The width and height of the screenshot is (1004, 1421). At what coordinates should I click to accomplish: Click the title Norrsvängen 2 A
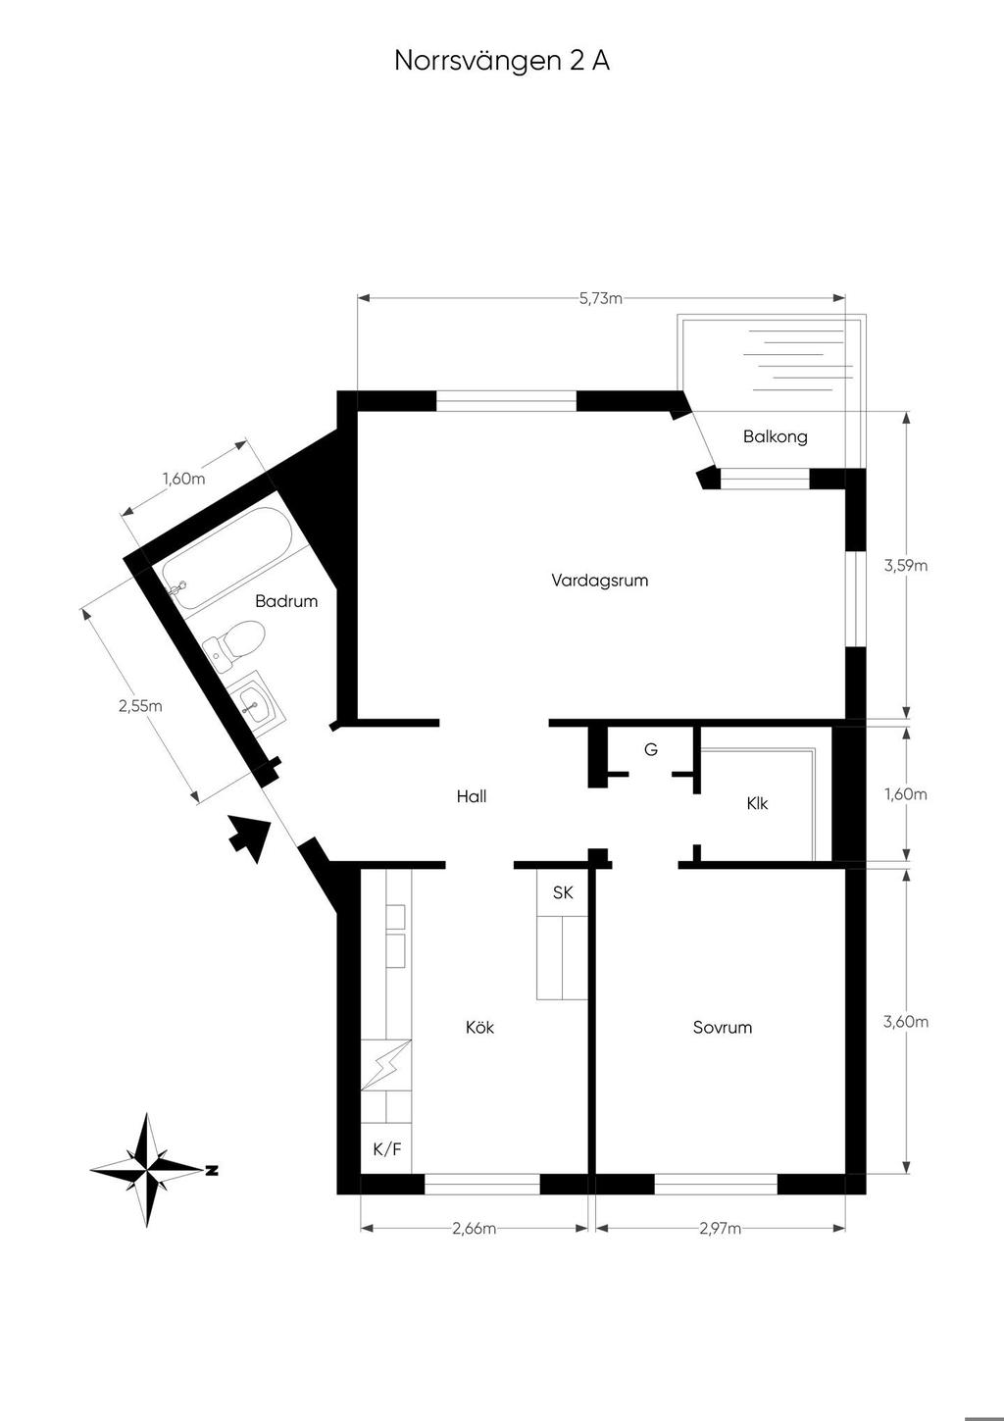(502, 62)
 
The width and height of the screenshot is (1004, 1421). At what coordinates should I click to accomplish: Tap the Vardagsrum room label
(599, 581)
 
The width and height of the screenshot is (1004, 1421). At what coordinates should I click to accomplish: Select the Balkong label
(775, 436)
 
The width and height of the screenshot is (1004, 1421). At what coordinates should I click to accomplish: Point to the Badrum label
(286, 601)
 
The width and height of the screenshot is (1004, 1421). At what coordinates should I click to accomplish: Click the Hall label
(472, 796)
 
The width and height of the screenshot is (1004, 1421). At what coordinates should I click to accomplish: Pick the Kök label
(479, 1027)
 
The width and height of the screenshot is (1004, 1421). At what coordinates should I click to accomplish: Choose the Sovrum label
(723, 1027)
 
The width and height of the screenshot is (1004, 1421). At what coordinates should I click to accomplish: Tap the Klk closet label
(757, 804)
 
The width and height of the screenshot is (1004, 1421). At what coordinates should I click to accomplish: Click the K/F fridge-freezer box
(386, 1149)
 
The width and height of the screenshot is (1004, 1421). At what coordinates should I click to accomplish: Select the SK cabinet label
(563, 893)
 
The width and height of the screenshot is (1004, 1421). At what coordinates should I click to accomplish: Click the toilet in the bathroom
(234, 642)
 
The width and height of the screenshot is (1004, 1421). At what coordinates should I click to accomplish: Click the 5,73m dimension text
(601, 298)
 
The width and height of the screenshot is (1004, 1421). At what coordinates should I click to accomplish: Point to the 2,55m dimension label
(140, 705)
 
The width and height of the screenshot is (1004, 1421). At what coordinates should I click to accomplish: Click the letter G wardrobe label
(651, 750)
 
